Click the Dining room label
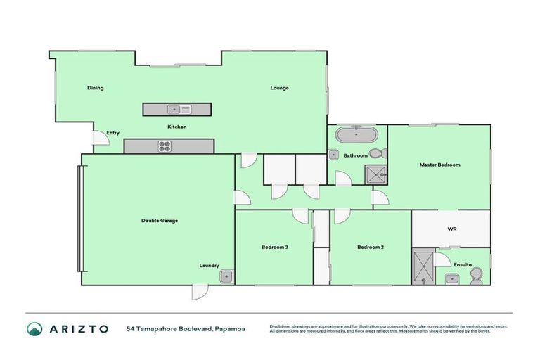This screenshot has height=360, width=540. pos(95,88)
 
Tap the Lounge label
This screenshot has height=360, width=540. pos(280,88)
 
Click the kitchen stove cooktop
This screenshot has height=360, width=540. pos(166,146)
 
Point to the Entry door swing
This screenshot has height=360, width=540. pos(101,140)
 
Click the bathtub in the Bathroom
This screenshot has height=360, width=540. pos(356,134)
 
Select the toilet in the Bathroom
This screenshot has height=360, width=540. pos(377,153)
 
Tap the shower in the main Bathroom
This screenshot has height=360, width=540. pos(375,174)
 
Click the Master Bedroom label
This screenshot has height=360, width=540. pos(439,165)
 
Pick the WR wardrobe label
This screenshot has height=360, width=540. pos(452,229)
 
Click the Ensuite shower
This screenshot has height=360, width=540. pos(423,266)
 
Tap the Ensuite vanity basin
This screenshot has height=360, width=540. pos(450,279)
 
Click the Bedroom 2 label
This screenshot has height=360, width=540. pos(370,247)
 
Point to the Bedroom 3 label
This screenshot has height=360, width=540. pos(275,247)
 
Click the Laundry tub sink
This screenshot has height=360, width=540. pos(225,276)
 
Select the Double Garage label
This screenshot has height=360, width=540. pos(160,220)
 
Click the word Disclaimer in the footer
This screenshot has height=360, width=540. pos(282,326)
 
